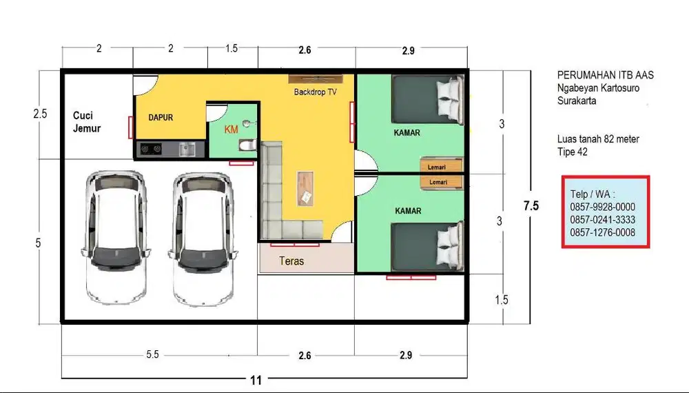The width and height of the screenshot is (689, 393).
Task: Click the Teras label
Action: (291, 261)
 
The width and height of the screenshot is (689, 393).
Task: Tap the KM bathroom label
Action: (231, 129)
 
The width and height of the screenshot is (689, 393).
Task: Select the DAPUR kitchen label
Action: (161, 118)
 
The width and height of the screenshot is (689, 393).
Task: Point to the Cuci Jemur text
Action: (87, 122)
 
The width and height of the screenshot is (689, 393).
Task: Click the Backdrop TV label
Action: (315, 92)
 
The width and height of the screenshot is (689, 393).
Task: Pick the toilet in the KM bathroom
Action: (248, 144)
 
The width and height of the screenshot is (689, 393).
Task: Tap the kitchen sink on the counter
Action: (187, 150)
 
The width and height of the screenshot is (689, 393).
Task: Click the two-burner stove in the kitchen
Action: (151, 150)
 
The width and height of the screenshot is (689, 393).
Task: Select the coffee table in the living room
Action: (305, 188)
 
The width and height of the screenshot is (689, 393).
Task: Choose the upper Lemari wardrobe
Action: (442, 166)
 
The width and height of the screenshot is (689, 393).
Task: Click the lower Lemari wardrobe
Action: (442, 182)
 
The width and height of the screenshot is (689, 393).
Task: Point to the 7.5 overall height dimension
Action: (531, 205)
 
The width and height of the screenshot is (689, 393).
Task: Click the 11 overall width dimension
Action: (256, 380)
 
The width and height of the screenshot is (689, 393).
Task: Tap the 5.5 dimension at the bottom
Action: (152, 355)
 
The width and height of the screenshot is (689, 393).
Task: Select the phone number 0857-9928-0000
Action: (602, 207)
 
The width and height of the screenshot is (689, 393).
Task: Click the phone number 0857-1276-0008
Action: (602, 232)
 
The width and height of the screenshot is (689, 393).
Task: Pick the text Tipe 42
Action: (572, 152)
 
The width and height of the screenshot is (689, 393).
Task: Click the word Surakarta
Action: (577, 101)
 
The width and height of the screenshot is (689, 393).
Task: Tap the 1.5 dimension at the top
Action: (232, 48)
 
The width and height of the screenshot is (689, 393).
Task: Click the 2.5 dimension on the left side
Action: (40, 114)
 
